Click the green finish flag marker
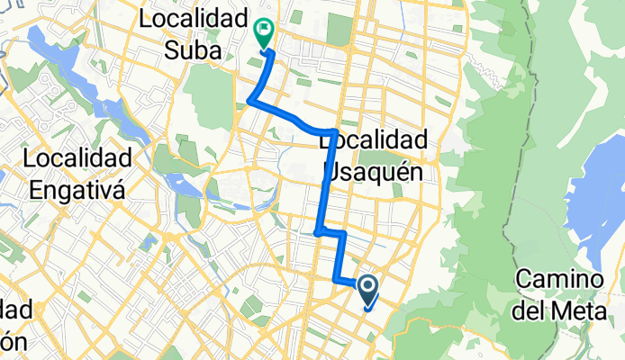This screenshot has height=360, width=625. [264, 33]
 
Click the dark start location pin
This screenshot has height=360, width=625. [368, 291]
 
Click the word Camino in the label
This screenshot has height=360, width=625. [557, 280]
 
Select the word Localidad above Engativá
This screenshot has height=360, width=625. [80, 158]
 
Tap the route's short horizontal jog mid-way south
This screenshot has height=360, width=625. [331, 232]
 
